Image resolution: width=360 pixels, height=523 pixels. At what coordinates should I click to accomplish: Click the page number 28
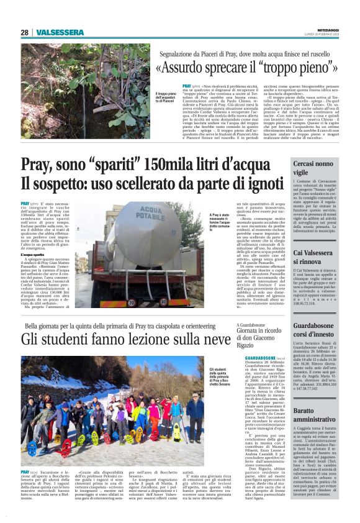click(x=25, y=32)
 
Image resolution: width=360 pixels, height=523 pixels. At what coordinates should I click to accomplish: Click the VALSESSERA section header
click(x=60, y=32)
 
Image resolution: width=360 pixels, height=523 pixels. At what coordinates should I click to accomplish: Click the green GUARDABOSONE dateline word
click(x=253, y=359)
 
